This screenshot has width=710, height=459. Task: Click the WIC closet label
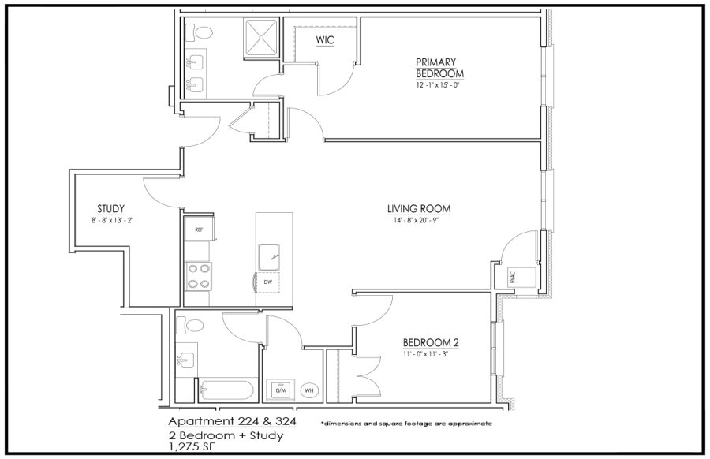325,40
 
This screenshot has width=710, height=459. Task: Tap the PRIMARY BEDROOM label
439,68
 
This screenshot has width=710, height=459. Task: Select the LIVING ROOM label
419,209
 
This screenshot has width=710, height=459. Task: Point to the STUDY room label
110,209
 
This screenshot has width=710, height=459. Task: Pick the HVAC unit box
515,277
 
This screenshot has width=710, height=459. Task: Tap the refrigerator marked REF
200,229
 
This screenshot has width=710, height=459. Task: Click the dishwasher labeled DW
268,282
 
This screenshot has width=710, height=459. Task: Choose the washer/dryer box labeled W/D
280,390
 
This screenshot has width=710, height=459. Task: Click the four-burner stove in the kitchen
199,277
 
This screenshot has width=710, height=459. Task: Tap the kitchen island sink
269,256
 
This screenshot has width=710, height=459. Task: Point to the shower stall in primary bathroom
262,38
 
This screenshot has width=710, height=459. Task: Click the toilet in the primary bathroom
203,33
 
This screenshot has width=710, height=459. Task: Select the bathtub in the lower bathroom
226,390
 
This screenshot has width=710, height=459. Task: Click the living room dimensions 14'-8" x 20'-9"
417,221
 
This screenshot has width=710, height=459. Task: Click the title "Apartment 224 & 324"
232,421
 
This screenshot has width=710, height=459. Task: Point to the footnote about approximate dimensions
406,424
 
